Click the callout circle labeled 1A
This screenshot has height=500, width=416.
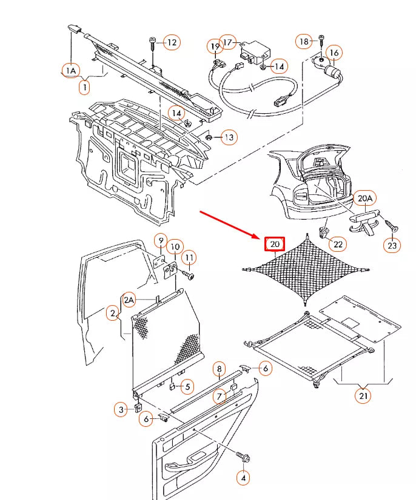71,71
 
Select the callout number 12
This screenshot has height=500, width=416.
172,42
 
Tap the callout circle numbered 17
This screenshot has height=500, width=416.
228,42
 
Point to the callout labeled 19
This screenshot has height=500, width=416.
215,47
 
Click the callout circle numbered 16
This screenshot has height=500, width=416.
334,53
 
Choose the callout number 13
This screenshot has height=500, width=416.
228,137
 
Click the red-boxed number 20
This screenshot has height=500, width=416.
275,245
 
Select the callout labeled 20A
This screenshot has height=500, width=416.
365,199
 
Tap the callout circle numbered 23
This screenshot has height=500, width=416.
392,245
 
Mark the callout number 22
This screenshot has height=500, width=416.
338,244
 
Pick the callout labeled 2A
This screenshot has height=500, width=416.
130,299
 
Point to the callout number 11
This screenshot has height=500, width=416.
189,258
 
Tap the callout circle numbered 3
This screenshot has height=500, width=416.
122,410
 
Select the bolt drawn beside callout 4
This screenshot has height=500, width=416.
244,458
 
